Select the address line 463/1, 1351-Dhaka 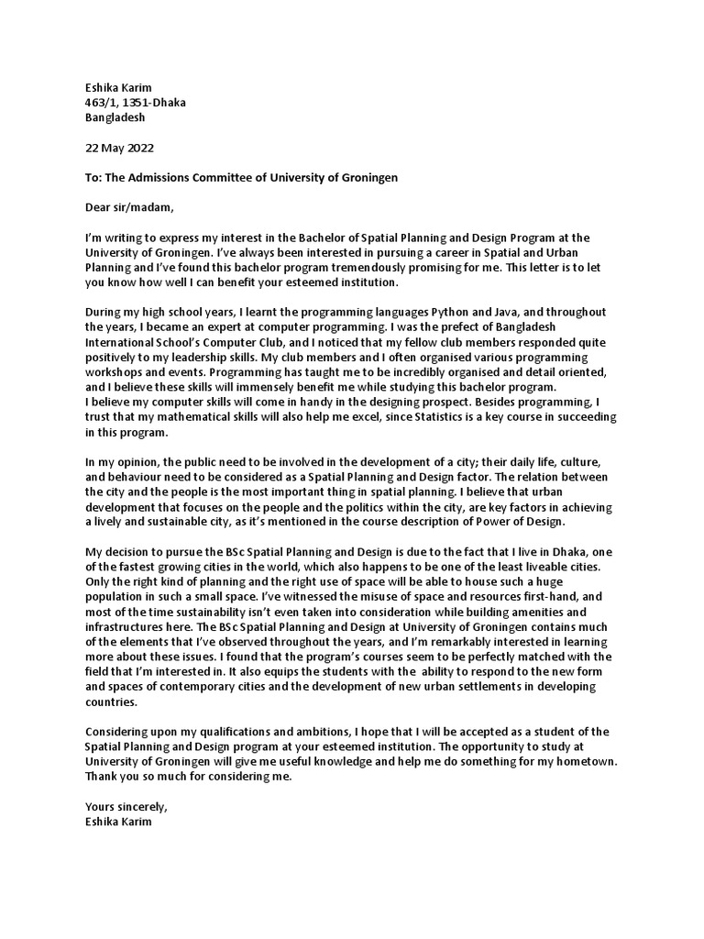(135, 103)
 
